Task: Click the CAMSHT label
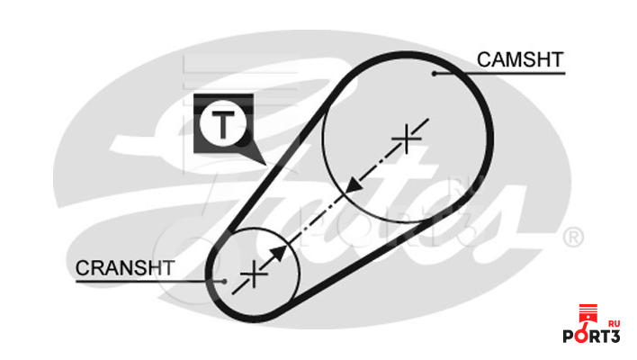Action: click(x=520, y=59)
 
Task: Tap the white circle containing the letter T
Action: click(x=221, y=125)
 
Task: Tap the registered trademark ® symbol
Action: click(x=573, y=237)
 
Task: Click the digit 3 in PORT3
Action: click(x=615, y=338)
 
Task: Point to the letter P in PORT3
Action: click(x=569, y=338)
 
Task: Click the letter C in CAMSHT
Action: click(x=483, y=59)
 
